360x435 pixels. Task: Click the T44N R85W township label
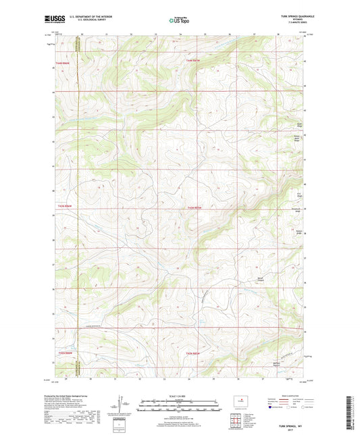pyautogui.click(x=193, y=61)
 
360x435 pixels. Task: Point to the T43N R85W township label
pyautogui.click(x=194, y=207)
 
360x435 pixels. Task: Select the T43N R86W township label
pyautogui.click(x=63, y=207)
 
